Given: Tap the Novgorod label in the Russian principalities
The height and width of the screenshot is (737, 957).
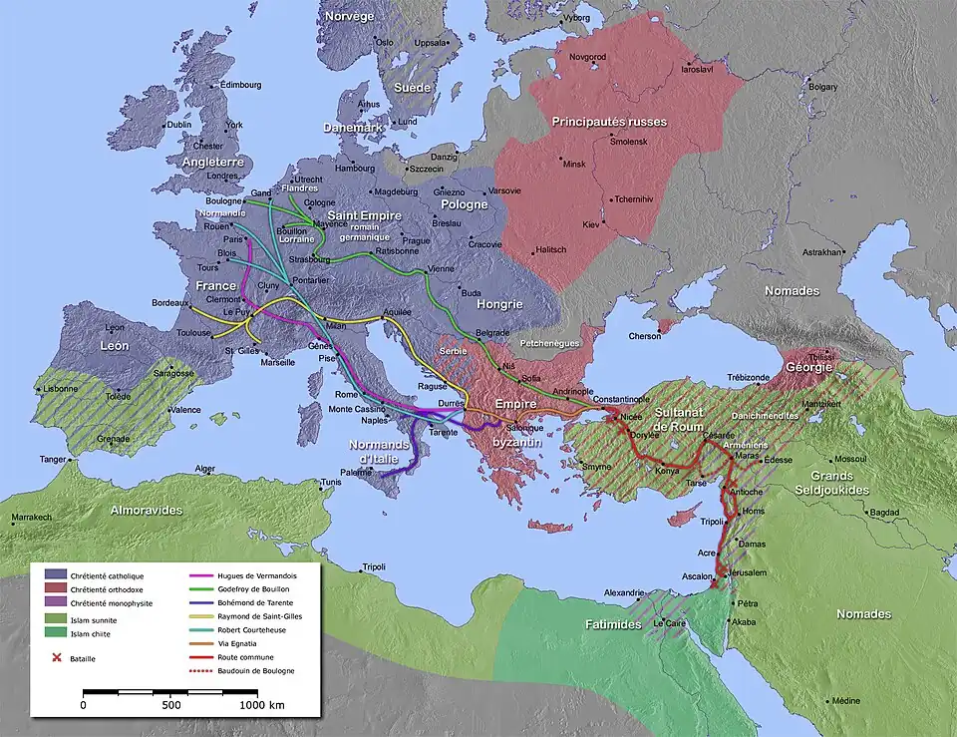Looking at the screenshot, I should [587, 58].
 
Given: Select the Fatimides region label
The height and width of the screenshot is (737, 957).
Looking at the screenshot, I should [609, 623].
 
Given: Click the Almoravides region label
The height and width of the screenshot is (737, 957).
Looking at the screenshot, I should [149, 510].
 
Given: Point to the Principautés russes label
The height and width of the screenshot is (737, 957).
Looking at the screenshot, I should [609, 122].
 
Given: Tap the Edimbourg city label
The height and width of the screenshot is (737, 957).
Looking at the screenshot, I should [240, 86].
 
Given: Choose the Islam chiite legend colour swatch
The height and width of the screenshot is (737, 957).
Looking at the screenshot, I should [55, 631].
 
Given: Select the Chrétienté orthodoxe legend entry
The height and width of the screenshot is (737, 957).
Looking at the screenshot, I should [107, 588].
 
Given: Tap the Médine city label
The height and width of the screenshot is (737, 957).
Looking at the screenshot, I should [846, 701].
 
